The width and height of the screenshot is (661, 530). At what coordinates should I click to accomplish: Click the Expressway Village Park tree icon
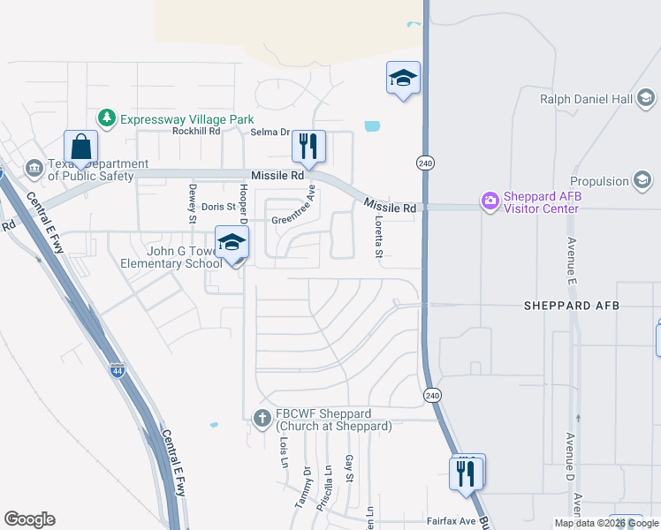coord(107,118)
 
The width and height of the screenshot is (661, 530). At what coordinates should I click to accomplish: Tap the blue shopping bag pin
coord(80,147)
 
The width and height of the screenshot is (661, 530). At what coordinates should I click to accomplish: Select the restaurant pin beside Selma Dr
coord(308,146)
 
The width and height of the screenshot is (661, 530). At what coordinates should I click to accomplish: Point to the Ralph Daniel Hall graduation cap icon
coord(645,98)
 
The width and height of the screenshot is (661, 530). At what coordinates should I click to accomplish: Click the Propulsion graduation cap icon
coord(645,181)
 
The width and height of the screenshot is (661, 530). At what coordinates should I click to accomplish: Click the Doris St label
coord(219,207)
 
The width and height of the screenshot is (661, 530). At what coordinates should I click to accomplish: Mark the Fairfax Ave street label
coord(452,521)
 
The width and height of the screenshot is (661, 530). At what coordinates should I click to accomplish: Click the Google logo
coord(29,519)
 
